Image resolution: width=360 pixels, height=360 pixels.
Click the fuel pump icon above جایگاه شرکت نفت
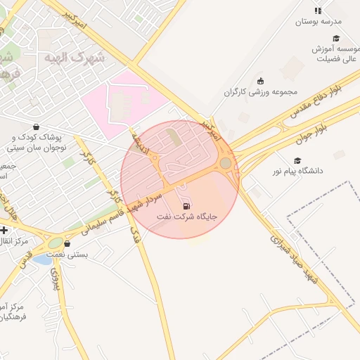[186, 206]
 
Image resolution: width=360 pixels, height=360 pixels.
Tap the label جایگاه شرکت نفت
[185, 219]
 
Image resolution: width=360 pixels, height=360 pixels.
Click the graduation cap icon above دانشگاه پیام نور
[297, 160]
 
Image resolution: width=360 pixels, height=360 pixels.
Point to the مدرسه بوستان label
[317, 22]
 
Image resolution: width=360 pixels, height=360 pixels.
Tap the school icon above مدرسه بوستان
[318, 11]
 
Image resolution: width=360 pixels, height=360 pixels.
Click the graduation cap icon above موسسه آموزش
[336, 39]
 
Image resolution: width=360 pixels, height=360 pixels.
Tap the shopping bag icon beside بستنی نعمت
[67, 244]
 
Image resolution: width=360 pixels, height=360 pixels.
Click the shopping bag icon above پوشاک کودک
[36, 127]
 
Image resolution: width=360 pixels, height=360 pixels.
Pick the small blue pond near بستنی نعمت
[42, 260]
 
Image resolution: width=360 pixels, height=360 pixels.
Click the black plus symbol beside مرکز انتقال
[4, 230]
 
